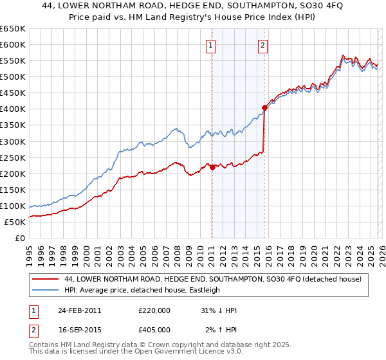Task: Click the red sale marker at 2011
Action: pos(212,167)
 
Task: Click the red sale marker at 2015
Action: pos(264,107)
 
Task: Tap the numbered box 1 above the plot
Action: pos(212,45)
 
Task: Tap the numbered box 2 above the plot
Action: pos(264,45)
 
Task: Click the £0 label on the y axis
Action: pos(20,239)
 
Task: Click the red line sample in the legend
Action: pos(46,280)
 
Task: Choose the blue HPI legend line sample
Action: pos(46,291)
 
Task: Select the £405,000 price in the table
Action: pos(154,330)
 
